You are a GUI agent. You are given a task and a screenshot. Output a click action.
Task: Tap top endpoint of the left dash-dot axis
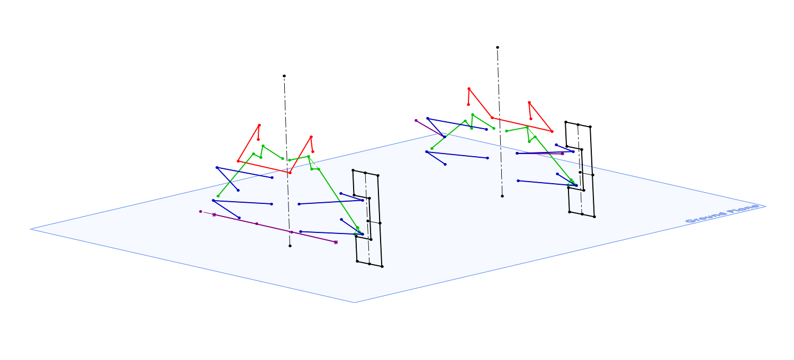(284, 76)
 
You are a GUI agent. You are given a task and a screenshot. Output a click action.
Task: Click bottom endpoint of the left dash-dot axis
(290, 246)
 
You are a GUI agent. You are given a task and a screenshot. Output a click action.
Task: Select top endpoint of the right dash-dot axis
(498, 48)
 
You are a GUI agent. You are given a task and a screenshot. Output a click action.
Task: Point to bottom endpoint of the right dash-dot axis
(502, 196)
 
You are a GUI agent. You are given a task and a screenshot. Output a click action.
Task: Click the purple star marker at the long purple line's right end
(336, 242)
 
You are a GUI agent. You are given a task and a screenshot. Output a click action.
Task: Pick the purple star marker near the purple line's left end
(214, 215)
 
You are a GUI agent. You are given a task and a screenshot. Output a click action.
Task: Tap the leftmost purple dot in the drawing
(201, 212)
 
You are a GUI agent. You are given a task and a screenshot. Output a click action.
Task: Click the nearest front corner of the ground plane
(354, 302)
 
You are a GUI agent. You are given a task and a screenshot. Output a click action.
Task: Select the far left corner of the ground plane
(31, 229)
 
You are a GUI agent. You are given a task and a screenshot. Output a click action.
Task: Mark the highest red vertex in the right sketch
(469, 89)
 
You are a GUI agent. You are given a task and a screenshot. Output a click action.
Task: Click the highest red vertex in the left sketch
(259, 125)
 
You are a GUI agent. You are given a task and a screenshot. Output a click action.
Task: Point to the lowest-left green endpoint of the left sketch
(218, 196)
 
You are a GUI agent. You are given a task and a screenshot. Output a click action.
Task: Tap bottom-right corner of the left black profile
(382, 266)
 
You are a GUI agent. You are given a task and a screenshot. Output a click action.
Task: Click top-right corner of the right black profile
(590, 127)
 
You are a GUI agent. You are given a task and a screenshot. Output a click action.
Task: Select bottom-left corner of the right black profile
(570, 212)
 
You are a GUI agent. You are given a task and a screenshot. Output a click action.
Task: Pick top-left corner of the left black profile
(353, 170)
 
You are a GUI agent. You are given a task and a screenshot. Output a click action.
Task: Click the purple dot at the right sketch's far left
(416, 121)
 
